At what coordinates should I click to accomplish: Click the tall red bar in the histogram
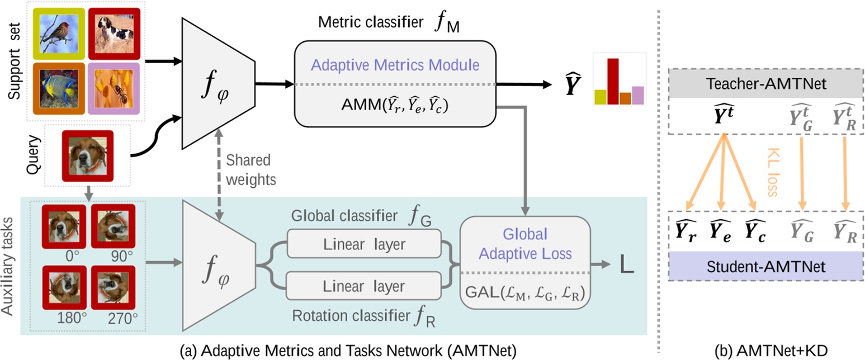(613, 82)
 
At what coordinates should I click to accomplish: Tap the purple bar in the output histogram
(638, 96)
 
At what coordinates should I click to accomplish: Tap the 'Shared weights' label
(248, 169)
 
